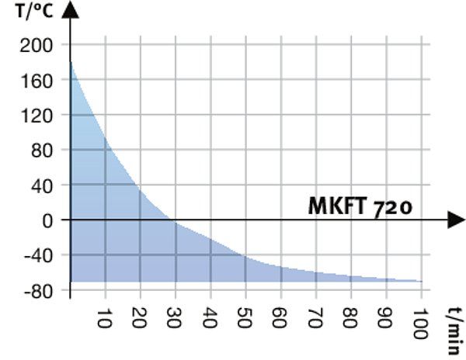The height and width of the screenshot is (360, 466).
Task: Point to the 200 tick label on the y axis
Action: [x=37, y=45]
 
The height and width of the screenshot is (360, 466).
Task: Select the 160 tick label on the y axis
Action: [x=37, y=80]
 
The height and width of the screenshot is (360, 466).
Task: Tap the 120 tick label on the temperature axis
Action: [x=37, y=115]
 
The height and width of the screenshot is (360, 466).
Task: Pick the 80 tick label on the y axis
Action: [x=41, y=150]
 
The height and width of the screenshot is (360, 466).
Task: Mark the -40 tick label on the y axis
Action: [x=37, y=255]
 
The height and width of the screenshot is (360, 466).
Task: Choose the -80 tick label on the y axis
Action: [x=37, y=290]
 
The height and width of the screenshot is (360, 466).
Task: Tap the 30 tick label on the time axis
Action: [x=174, y=320]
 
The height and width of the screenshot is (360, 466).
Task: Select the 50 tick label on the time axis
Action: [x=245, y=320]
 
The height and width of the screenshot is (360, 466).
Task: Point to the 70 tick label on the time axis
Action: [x=315, y=320]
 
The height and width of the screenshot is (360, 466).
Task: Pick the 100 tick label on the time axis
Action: [x=420, y=324]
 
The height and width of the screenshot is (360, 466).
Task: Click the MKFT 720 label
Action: [x=360, y=207]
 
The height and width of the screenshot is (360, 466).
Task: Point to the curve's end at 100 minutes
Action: [x=421, y=281]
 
